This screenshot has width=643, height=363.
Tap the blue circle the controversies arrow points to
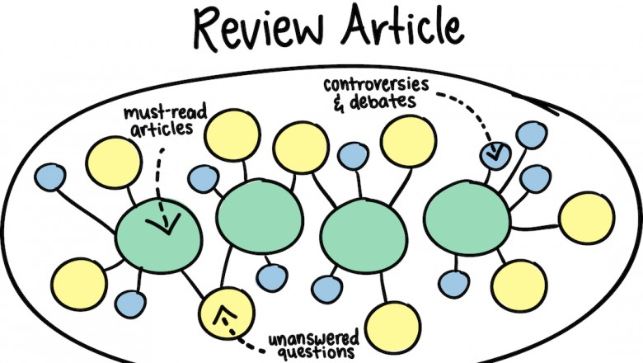tap(495, 153)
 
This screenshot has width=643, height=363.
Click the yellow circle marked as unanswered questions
tap(223, 310)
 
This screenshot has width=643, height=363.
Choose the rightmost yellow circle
tap(585, 218)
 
